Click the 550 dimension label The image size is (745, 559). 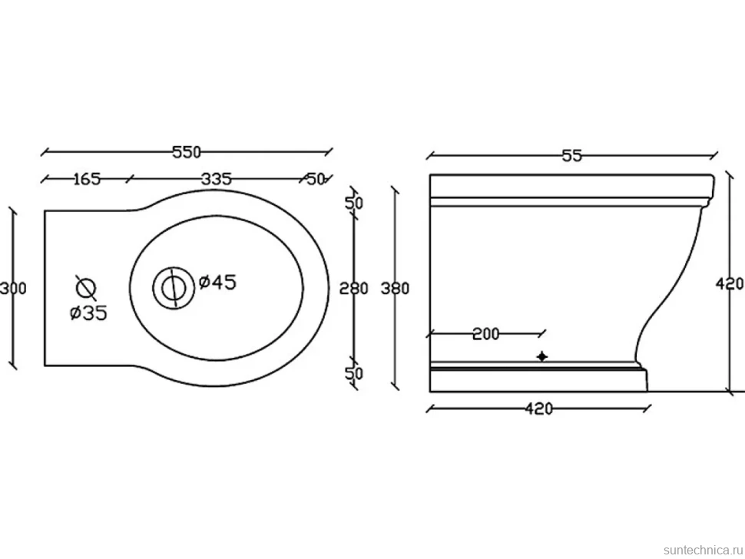tap(187, 153)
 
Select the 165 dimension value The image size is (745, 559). tap(88, 179)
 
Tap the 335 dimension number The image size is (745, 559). tap(216, 179)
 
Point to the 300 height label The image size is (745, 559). tap(13, 288)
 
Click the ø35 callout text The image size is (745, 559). tap(89, 313)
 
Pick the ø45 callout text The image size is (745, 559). tap(217, 283)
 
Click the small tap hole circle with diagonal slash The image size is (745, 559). tap(86, 288)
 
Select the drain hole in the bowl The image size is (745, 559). tap(174, 288)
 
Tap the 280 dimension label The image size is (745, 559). tap(353, 288)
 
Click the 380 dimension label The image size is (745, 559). tap(395, 288)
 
